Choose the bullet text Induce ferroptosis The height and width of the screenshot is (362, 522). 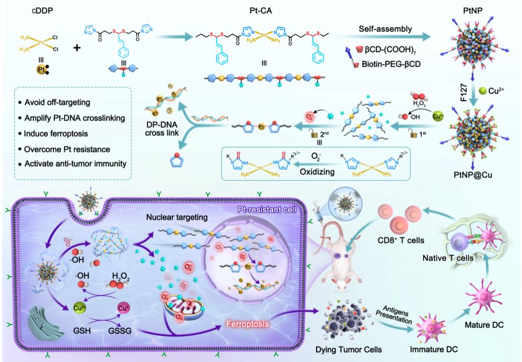click(57, 134)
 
